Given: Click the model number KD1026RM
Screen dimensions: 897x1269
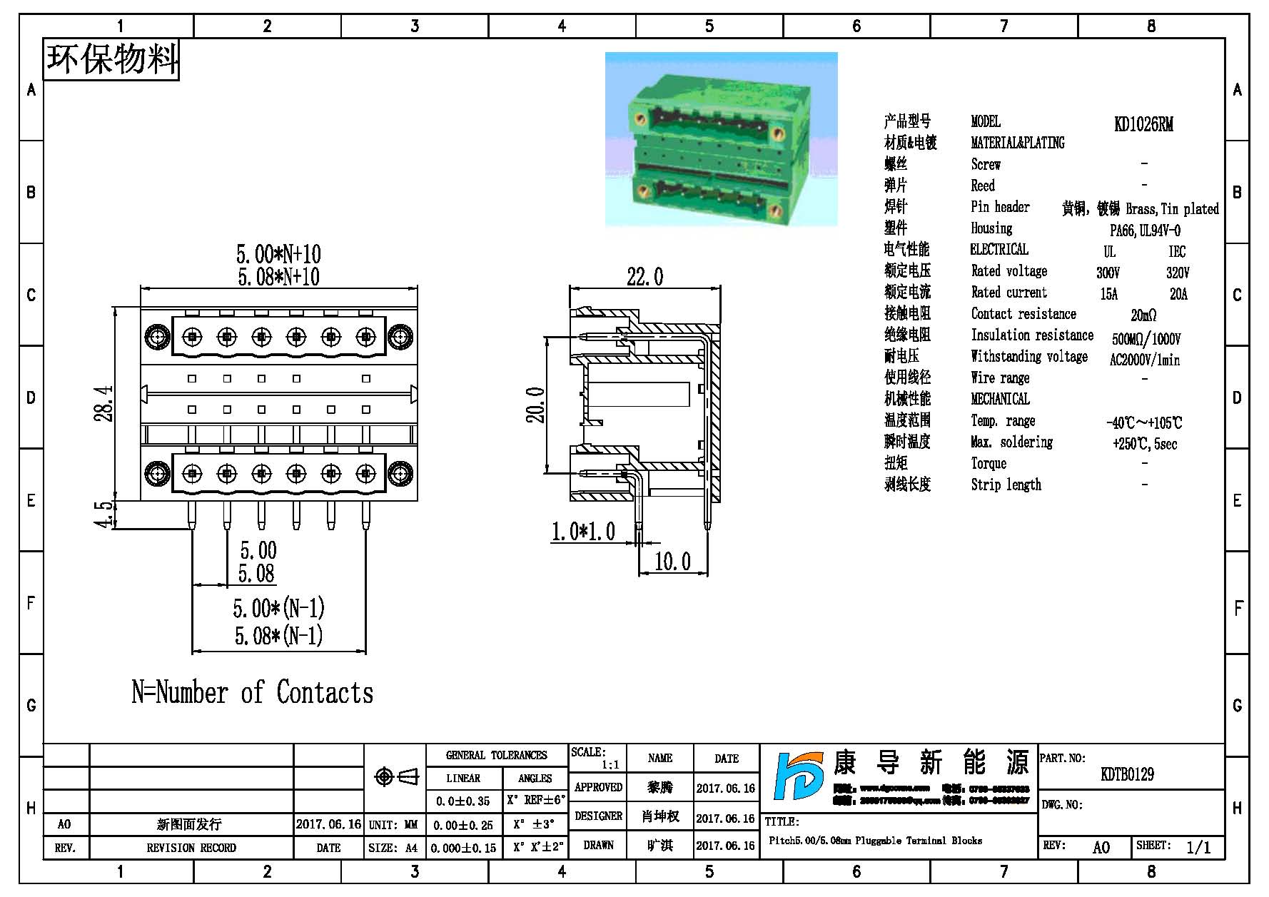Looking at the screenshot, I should tap(1143, 124).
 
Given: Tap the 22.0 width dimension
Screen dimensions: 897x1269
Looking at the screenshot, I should tap(644, 277).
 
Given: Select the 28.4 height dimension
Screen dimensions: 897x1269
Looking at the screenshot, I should tap(104, 404).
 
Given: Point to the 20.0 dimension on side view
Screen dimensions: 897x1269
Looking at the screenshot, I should tap(536, 405).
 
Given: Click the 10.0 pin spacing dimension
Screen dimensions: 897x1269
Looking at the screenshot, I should tap(672, 562).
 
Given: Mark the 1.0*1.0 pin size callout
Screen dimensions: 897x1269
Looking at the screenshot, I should tap(583, 532).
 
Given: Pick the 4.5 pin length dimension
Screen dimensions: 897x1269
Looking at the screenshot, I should tap(105, 514).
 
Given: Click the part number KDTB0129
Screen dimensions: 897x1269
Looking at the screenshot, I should tap(1127, 774).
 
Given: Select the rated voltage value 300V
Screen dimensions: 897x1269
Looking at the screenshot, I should tap(1108, 273).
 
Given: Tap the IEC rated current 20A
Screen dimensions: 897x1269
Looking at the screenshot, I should tap(1178, 294).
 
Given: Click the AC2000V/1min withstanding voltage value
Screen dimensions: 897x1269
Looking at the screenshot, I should tap(1144, 360).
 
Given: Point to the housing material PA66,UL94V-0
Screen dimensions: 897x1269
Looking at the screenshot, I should tap(1145, 230).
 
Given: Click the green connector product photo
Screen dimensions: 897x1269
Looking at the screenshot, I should tap(721, 139).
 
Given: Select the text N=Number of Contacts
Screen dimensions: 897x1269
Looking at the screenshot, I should tap(252, 692).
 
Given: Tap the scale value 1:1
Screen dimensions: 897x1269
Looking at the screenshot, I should tap(610, 765).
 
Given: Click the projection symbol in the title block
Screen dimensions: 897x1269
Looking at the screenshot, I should tap(397, 776).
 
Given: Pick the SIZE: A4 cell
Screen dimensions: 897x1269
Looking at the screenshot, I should tap(393, 848).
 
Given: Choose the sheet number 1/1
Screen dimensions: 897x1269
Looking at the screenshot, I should tap(1198, 847).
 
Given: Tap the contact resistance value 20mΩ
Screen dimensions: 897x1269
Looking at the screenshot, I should tap(1143, 315).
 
